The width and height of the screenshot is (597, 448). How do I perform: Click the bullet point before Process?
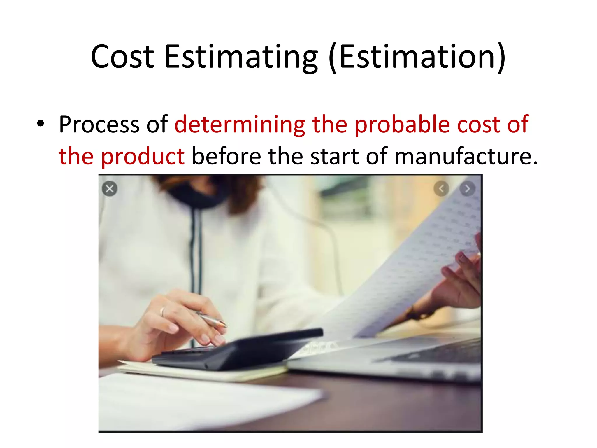pos(41,124)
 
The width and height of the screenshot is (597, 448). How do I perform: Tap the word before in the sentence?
pos(226,156)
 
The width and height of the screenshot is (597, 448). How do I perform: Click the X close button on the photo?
pos(110,189)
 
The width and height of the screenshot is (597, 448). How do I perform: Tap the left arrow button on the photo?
pos(441,189)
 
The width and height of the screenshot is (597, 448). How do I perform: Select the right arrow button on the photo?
pos(467,189)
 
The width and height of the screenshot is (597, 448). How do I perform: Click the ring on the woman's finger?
pos(163,311)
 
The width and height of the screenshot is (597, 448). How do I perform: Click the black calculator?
pos(239,350)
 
